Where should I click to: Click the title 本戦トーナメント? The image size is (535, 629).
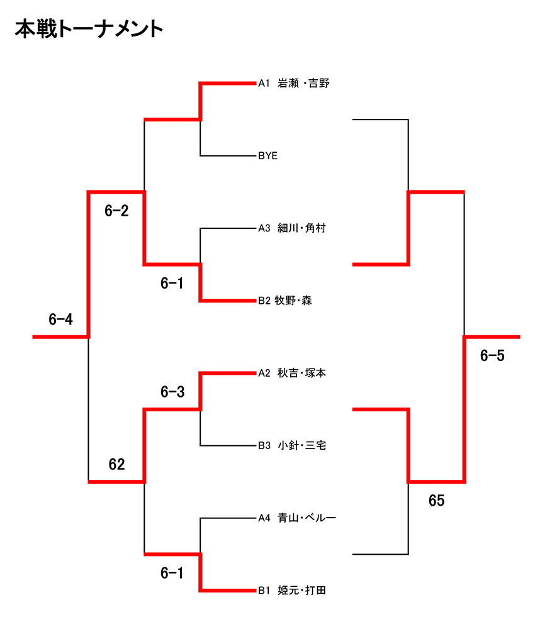click(89, 30)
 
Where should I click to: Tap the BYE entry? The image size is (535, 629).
click(267, 155)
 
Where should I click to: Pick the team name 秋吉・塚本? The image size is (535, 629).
click(301, 373)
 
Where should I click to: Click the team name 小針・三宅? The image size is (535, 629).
click(301, 446)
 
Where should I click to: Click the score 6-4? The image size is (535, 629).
click(61, 320)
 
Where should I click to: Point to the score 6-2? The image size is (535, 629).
click(116, 211)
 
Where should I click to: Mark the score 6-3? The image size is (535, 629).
click(172, 392)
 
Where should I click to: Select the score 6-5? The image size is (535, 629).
click(492, 356)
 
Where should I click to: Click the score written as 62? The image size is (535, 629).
click(116, 465)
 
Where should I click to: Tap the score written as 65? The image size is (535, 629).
click(436, 501)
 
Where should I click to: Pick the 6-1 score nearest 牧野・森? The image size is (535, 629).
click(172, 284)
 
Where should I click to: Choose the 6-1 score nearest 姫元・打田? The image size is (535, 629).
click(172, 573)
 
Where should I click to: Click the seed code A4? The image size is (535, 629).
click(264, 518)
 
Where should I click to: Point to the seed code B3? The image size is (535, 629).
click(264, 446)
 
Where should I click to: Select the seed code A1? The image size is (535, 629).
click(264, 83)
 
